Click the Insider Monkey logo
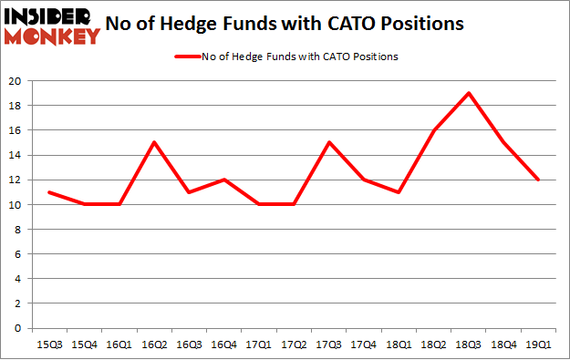52,26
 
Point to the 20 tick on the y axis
16,80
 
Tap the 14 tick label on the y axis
16,155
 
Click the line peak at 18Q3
469,93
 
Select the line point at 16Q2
154,142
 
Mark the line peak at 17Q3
329,142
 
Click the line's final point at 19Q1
539,180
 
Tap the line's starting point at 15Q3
49,191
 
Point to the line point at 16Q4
224,180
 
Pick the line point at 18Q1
399,191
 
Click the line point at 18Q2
434,130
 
